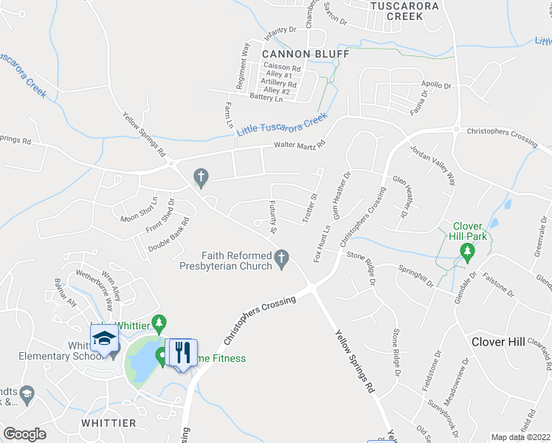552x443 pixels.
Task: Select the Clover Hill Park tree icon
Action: (466, 253)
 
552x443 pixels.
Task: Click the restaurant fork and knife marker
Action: (181, 351)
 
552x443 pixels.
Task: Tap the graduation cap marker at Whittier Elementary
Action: (104, 340)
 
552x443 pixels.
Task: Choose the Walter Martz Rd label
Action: (300, 145)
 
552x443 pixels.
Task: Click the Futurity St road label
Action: (272, 217)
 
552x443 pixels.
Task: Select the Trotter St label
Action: (308, 207)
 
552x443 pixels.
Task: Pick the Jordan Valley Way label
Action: (433, 163)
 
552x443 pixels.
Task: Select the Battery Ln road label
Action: (266, 97)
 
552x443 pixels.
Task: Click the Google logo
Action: (24, 433)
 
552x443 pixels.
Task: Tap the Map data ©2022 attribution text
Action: (520, 437)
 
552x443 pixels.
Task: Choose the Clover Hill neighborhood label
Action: (498, 342)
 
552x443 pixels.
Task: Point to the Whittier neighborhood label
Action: (109, 423)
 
